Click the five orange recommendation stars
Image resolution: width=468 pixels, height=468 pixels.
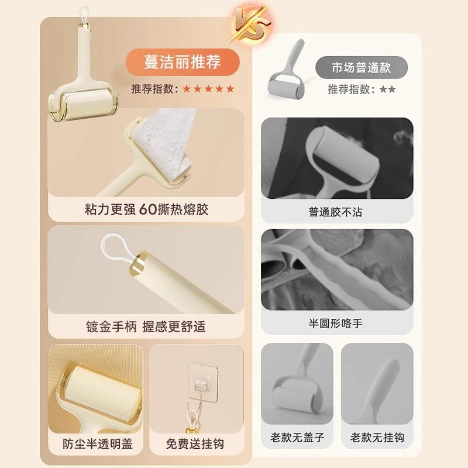click(208, 89)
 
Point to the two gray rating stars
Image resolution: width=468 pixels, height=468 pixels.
click(387, 90)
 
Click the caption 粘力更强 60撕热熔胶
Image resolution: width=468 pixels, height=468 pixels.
click(146, 209)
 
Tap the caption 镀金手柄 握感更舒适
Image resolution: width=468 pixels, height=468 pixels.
click(146, 326)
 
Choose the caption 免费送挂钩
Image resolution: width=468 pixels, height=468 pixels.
click(195, 443)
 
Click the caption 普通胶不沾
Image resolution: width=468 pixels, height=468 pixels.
click(336, 212)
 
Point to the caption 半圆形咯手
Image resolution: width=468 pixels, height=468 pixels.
click(336, 323)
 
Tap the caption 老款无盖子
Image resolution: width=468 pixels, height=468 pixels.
click(297, 438)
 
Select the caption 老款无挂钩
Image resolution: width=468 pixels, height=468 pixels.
click(377, 438)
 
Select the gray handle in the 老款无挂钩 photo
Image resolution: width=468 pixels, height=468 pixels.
click(377, 386)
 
